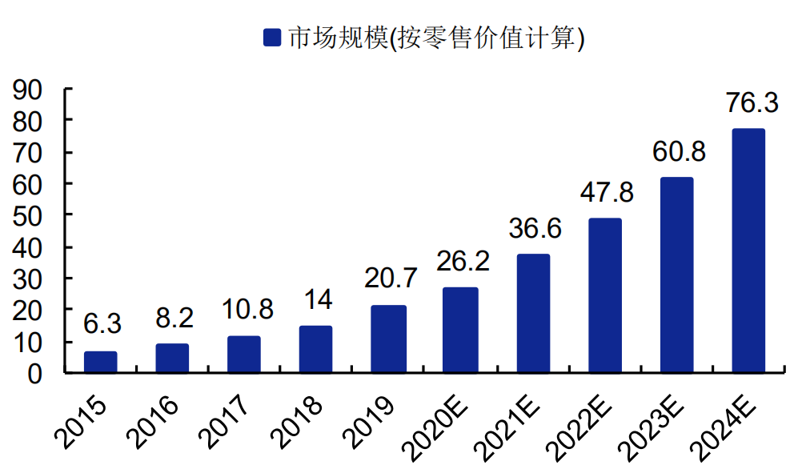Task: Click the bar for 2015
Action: (x=101, y=363)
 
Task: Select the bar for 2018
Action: (x=316, y=350)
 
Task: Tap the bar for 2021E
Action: (x=533, y=314)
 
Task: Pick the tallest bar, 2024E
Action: (x=748, y=251)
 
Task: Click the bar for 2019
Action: (x=388, y=339)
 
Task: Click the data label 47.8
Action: (x=607, y=193)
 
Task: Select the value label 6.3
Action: (x=102, y=324)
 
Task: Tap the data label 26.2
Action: (x=463, y=262)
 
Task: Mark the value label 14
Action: (x=318, y=299)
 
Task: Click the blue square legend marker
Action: (x=272, y=37)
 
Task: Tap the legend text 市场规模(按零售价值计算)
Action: (x=436, y=37)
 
